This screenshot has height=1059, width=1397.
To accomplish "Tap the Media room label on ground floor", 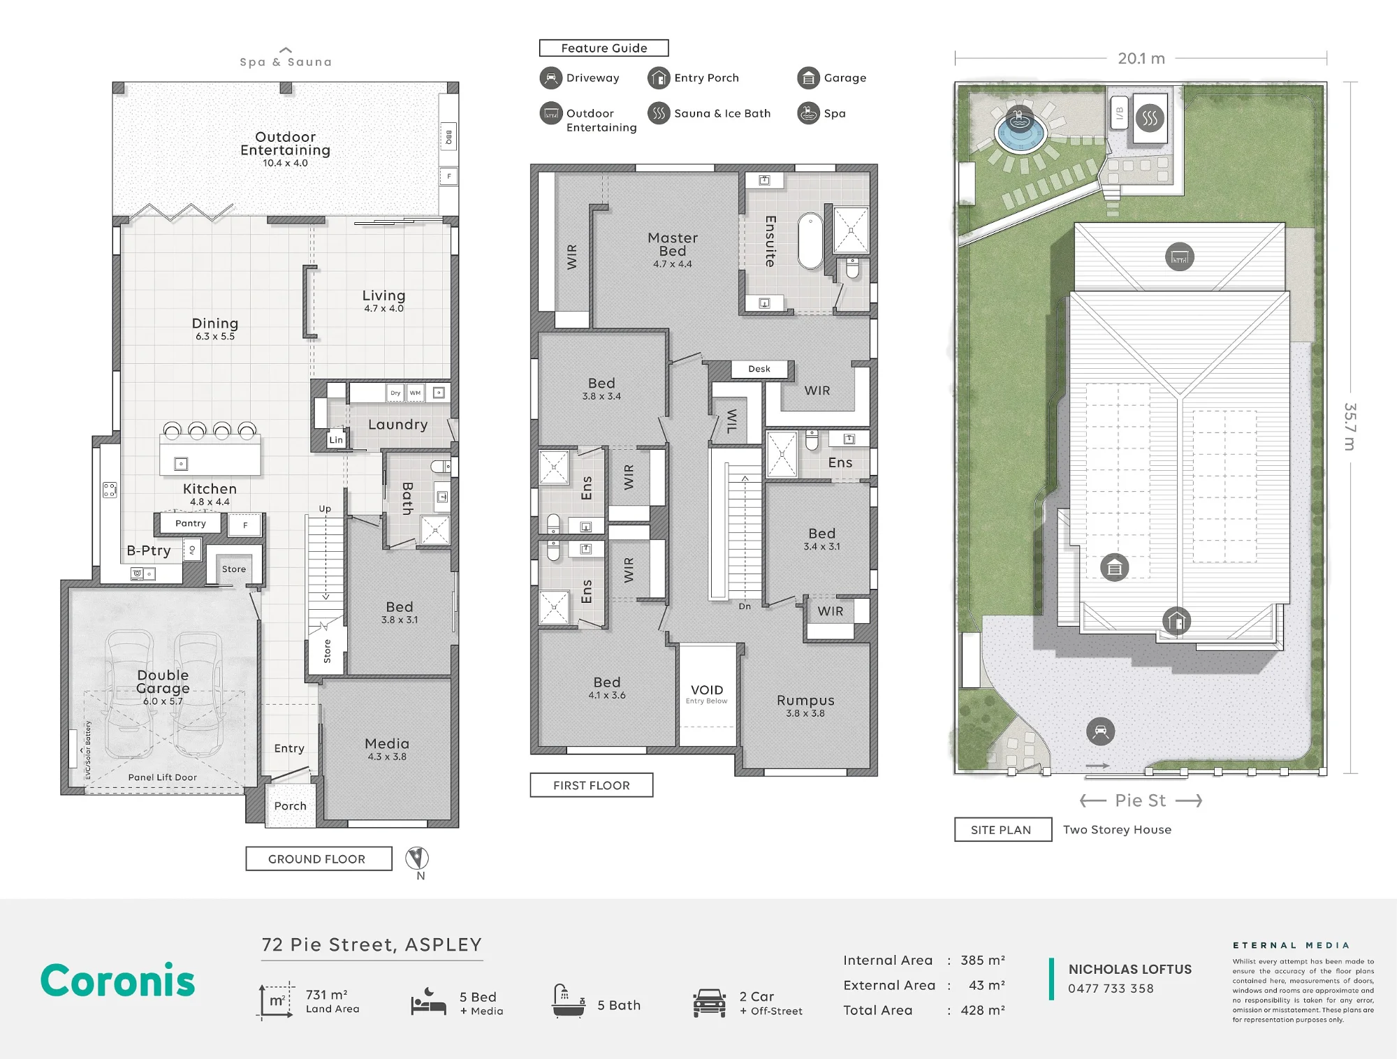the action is pyautogui.click(x=387, y=744).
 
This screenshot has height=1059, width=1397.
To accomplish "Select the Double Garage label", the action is pyautogui.click(x=163, y=682).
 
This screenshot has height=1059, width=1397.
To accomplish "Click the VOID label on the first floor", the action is pyautogui.click(x=707, y=690).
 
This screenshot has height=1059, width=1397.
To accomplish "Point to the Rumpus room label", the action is pyautogui.click(x=805, y=701).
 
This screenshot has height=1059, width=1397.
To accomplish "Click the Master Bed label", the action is pyautogui.click(x=673, y=244).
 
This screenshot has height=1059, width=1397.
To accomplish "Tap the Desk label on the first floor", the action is pyautogui.click(x=759, y=369).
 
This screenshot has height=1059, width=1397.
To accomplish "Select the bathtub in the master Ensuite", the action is pyautogui.click(x=810, y=241).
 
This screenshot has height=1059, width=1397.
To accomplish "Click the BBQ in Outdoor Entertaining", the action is pyautogui.click(x=448, y=137).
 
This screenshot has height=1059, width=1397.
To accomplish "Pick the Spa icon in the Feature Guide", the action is pyautogui.click(x=808, y=113).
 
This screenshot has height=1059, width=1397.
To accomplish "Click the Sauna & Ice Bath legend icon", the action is pyautogui.click(x=658, y=113).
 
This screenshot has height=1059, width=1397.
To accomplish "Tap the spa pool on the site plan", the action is pyautogui.click(x=1020, y=131).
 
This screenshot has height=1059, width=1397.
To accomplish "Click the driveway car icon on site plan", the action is pyautogui.click(x=1100, y=731).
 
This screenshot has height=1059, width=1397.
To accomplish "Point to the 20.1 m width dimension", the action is pyautogui.click(x=1141, y=59).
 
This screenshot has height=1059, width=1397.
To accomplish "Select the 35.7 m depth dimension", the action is pyautogui.click(x=1350, y=427).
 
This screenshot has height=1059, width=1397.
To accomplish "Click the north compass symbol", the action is pyautogui.click(x=417, y=858).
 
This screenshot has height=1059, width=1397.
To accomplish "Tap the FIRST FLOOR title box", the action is pyautogui.click(x=592, y=785).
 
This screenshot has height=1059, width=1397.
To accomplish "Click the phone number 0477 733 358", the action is pyautogui.click(x=1111, y=988).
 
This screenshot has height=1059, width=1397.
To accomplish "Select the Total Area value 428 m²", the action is pyautogui.click(x=983, y=1010).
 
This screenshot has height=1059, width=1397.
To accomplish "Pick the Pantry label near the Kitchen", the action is pyautogui.click(x=191, y=523).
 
